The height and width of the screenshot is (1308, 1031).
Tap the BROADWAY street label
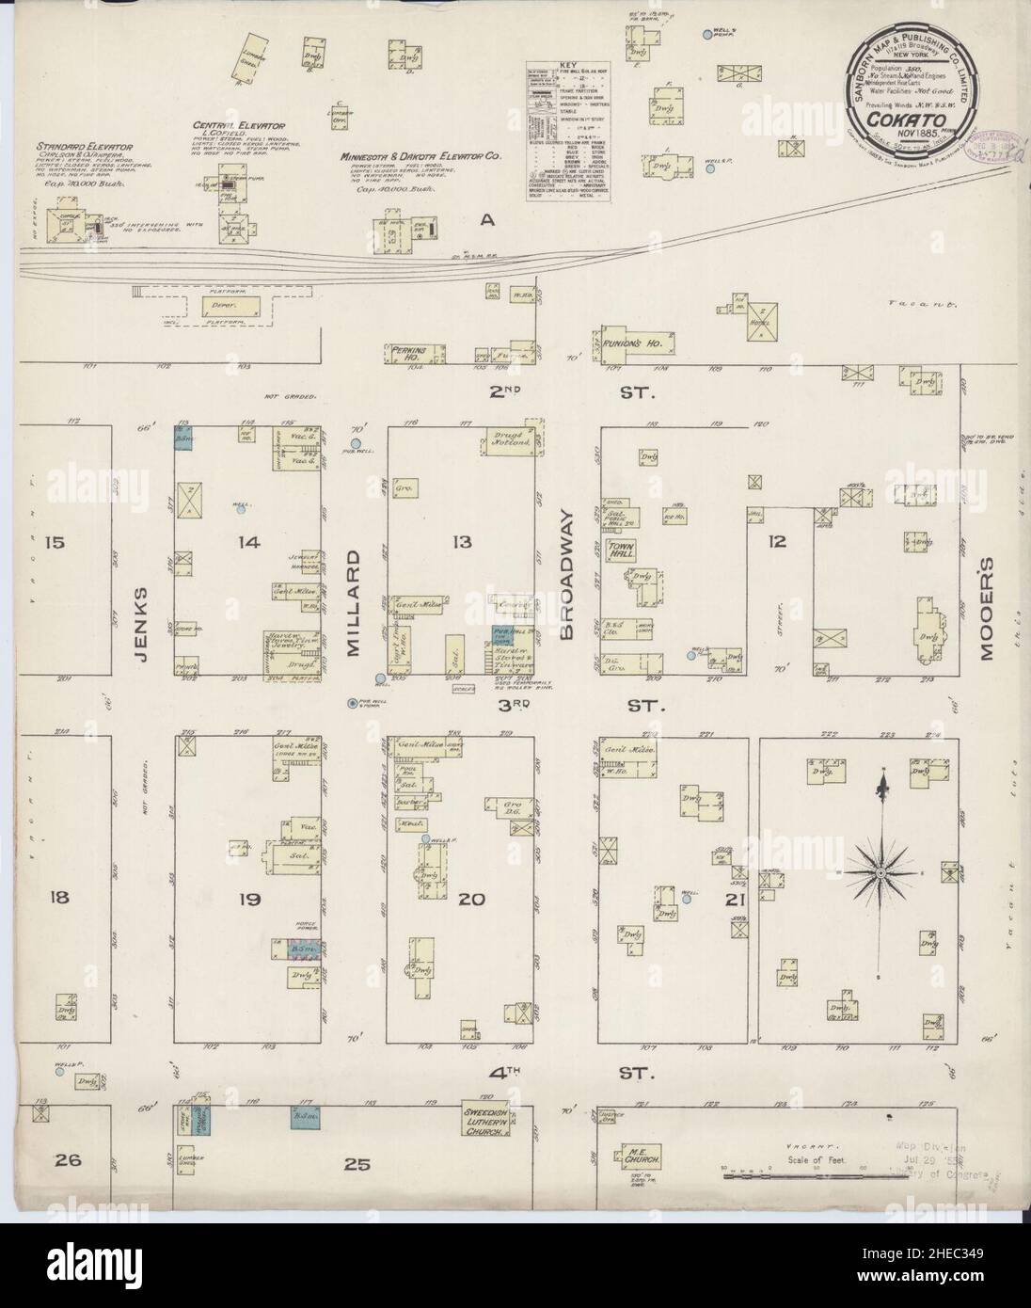[566, 576]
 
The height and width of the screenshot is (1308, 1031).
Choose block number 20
[470, 900]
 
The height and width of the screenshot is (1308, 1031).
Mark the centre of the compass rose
[881, 874]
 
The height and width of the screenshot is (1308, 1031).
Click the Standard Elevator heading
[85, 147]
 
